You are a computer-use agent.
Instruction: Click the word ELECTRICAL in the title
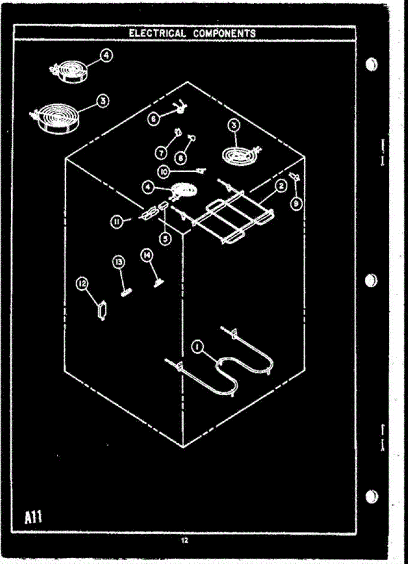(157, 33)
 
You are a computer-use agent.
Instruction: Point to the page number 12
(184, 540)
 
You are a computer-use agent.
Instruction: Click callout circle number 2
(280, 187)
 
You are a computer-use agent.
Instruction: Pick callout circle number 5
(165, 238)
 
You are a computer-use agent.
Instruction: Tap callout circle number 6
(153, 119)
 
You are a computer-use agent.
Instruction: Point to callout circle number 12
(83, 283)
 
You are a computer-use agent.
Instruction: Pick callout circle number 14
(147, 255)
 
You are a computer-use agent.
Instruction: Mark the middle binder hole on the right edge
(371, 279)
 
